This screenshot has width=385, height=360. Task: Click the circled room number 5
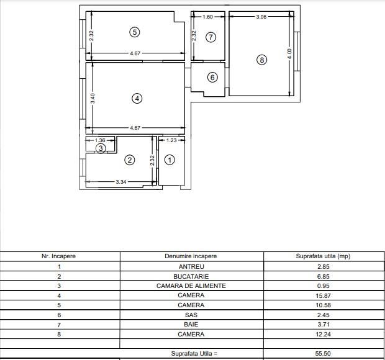click(134, 32)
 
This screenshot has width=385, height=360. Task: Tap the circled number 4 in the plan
click(137, 98)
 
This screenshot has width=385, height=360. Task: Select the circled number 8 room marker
click(261, 60)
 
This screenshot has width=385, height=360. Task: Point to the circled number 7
click(211, 37)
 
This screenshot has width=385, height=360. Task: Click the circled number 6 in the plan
click(212, 78)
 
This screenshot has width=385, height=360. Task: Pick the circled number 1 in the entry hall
click(170, 160)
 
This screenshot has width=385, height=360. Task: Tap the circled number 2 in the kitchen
click(129, 160)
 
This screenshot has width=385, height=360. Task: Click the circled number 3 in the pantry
click(100, 148)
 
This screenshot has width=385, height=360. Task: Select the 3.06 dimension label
click(261, 17)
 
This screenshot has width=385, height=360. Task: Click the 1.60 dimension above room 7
click(208, 17)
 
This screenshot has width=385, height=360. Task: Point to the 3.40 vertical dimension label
click(92, 98)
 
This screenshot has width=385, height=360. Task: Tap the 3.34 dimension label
click(122, 182)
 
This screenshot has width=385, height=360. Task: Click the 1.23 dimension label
click(171, 140)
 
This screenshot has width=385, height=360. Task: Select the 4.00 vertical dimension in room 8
click(289, 54)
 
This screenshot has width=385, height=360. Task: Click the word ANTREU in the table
click(191, 266)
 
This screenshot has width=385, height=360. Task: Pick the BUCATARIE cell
click(191, 276)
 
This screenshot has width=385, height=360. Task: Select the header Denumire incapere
click(191, 256)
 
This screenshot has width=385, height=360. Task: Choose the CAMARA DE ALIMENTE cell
click(191, 286)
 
